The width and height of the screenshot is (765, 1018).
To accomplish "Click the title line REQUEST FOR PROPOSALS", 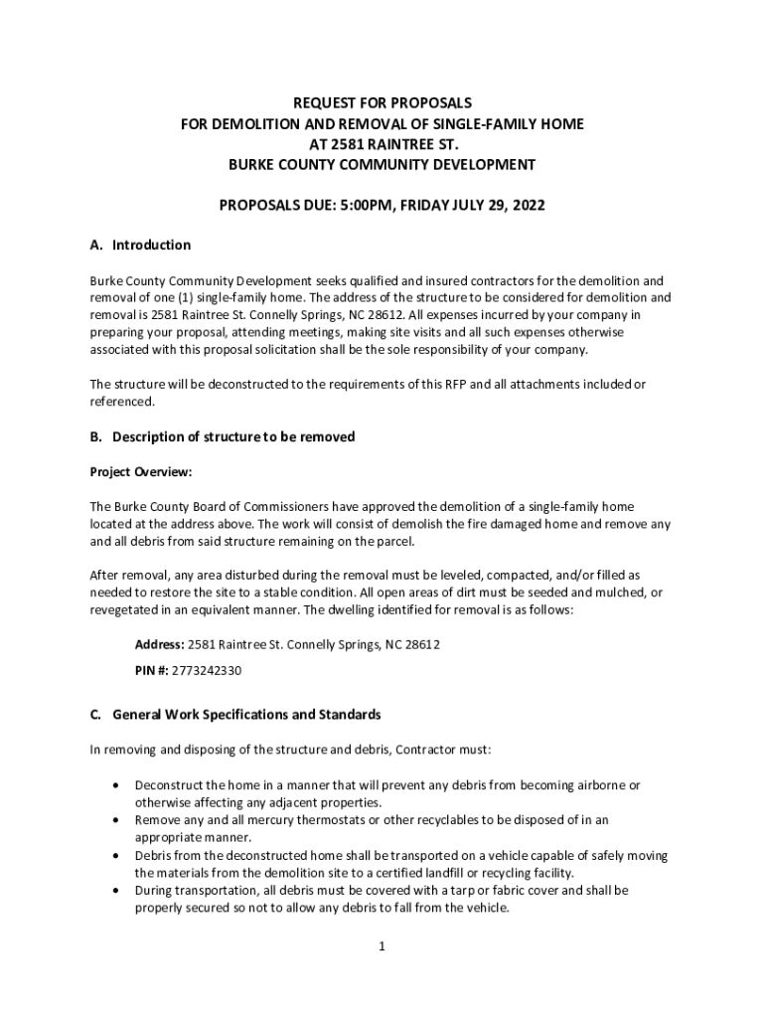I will pos(382,103).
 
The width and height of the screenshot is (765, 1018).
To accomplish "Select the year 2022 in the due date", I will pos(529,205).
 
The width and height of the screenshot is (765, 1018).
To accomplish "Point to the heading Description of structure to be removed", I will pos(233,437).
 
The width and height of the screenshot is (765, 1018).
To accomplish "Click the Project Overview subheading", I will pos(140,472).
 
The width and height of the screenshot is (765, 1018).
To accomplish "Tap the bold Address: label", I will pos(160,644).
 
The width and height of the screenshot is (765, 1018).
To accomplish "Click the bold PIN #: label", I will pos(152,670).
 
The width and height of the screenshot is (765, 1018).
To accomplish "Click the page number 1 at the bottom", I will pos(382,946).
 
